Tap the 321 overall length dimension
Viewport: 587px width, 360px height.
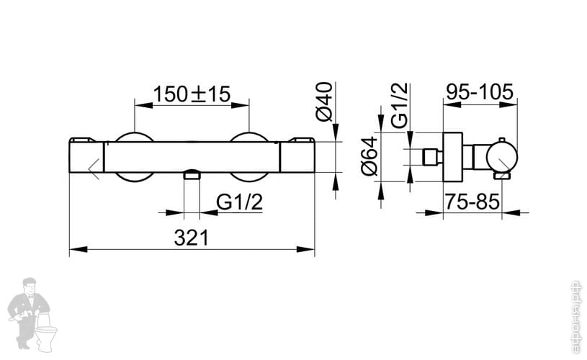191,238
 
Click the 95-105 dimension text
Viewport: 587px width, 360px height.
479,92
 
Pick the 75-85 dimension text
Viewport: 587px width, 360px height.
472,202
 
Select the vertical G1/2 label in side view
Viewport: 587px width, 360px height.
400,105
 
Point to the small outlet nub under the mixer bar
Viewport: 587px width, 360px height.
192,174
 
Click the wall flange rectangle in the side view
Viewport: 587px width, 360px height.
452,156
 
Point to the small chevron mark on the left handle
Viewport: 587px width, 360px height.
94,168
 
